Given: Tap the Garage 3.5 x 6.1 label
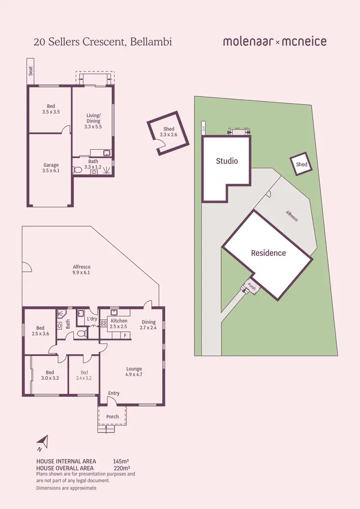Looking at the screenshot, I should pyautogui.click(x=51, y=168).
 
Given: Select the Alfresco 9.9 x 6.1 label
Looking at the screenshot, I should pyautogui.click(x=81, y=270).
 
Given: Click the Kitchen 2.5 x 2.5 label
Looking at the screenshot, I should pyautogui.click(x=119, y=324).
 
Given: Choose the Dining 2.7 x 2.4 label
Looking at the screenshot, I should pyautogui.click(x=148, y=325).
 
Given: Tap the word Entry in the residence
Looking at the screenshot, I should pyautogui.click(x=114, y=393).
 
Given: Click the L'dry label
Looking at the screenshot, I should pyautogui.click(x=92, y=318).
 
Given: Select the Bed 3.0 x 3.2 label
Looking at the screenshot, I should pyautogui.click(x=50, y=375).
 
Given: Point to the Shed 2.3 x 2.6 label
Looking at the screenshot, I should pyautogui.click(x=168, y=132).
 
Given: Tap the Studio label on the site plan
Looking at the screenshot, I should pyautogui.click(x=227, y=161).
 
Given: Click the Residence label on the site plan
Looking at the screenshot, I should pyautogui.click(x=268, y=253).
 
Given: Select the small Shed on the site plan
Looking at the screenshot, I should pyautogui.click(x=301, y=164).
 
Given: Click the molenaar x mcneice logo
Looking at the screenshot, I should pyautogui.click(x=275, y=42).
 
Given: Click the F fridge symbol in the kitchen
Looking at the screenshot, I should pyautogui.click(x=125, y=335).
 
